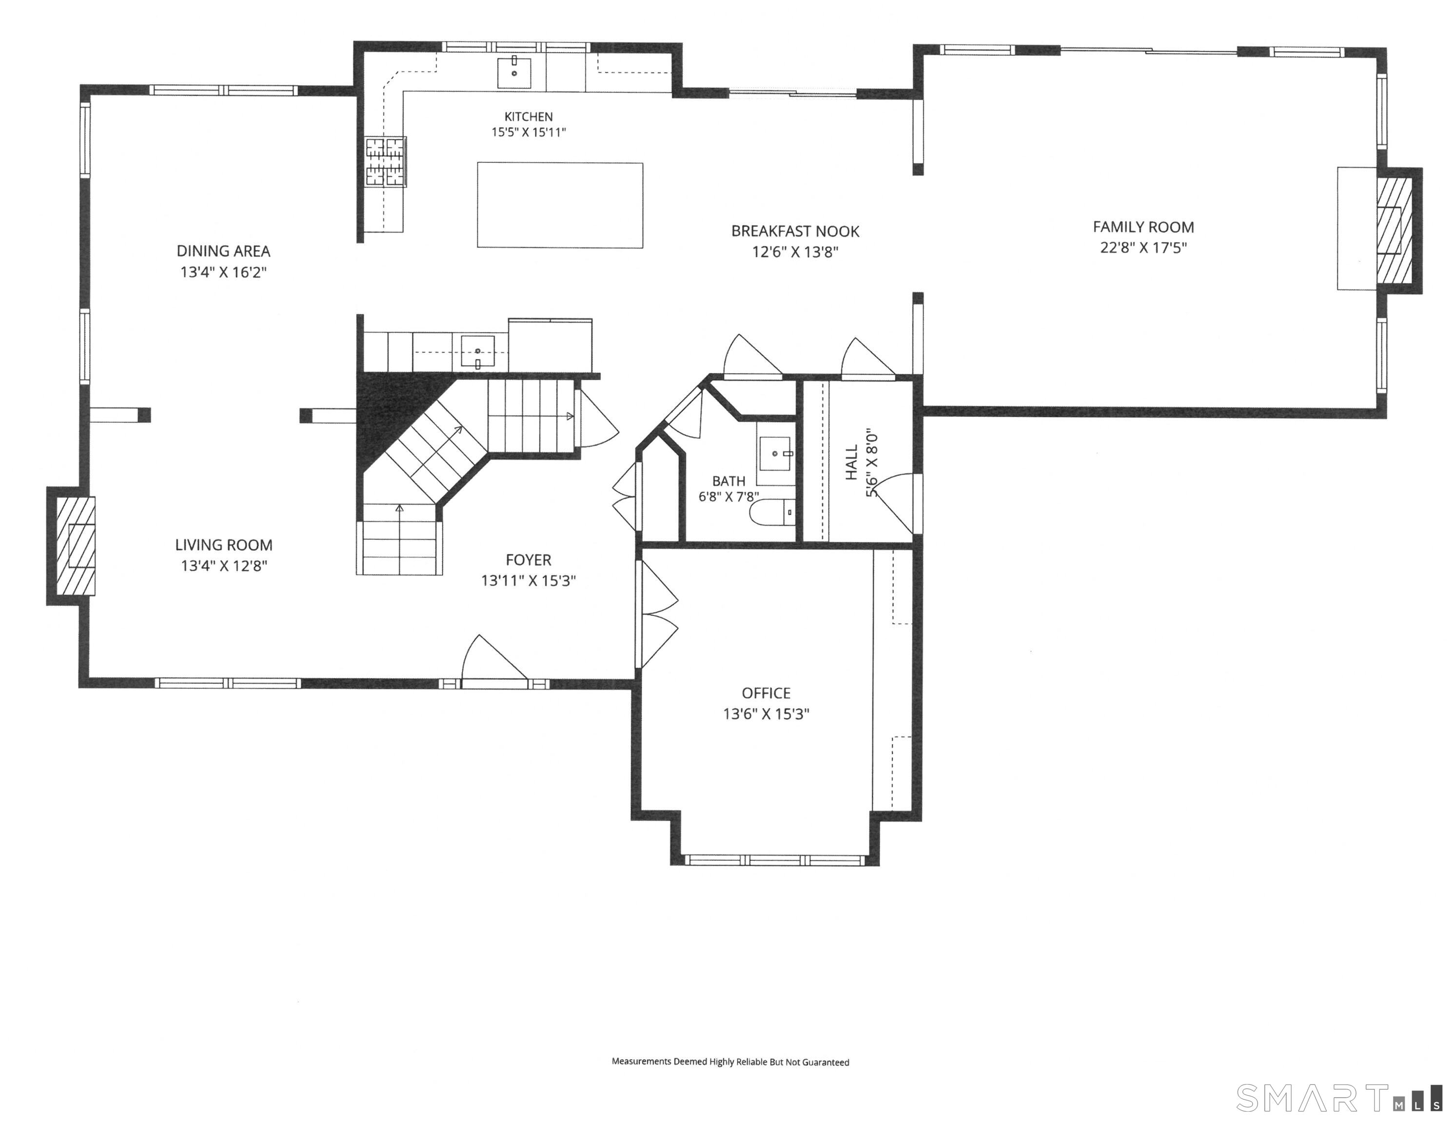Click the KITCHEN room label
[529, 116]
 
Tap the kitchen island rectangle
[560, 205]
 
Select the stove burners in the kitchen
[386, 162]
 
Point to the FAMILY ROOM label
[1143, 227]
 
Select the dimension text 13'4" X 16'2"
[224, 272]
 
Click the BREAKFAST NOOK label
[795, 231]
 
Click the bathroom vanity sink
[775, 453]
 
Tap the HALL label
[851, 462]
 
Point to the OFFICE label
[766, 693]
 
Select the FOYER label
[529, 560]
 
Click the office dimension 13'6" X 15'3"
[766, 714]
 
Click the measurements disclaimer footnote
[730, 1062]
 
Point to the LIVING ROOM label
[224, 545]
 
